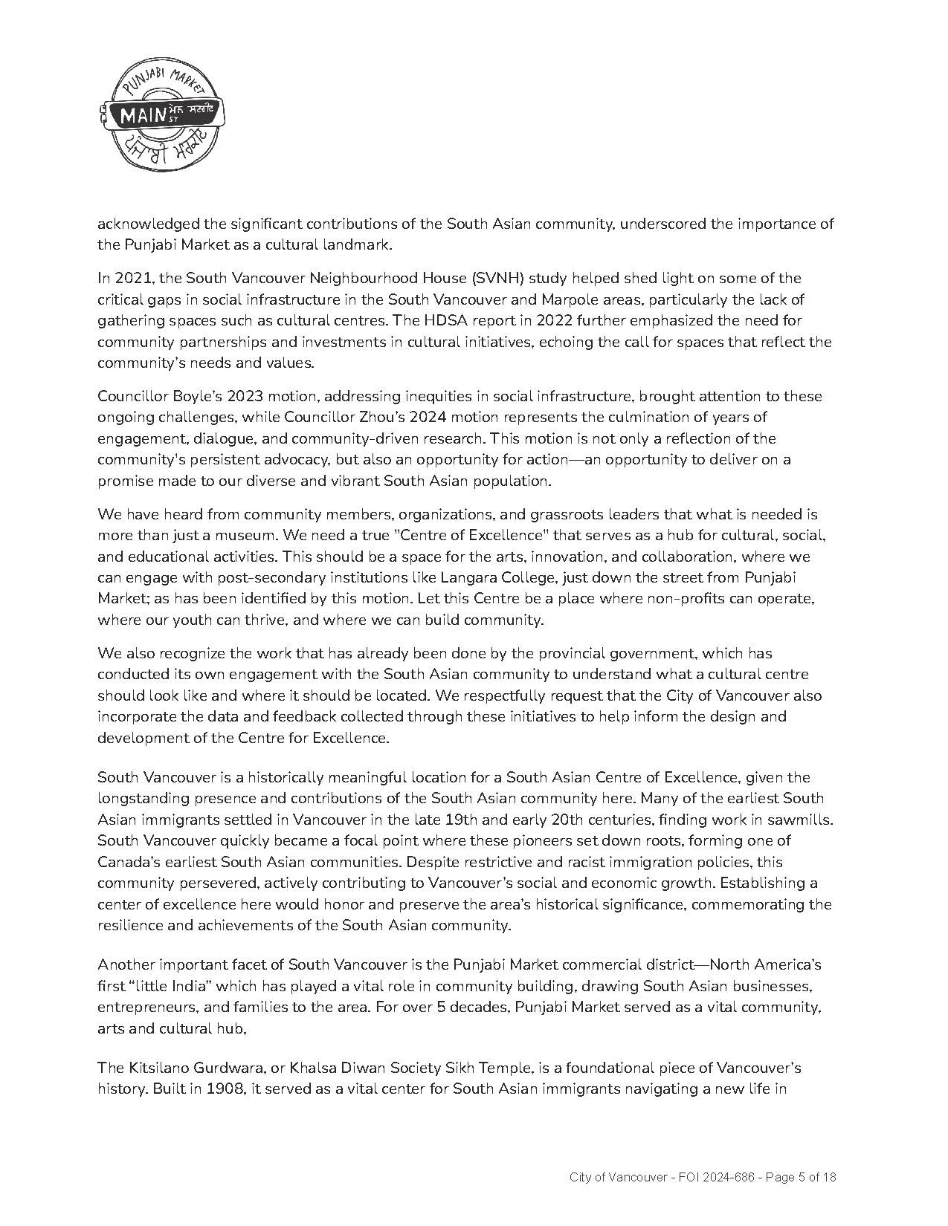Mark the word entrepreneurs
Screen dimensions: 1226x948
[147, 1008]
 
